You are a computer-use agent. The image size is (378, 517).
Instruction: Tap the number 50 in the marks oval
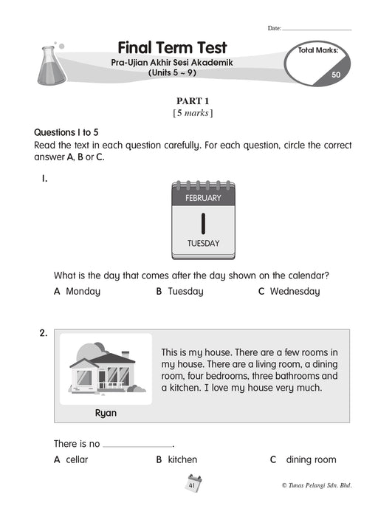336,75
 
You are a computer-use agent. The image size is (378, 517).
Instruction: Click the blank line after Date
317,30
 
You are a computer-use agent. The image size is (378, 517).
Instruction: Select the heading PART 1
193,101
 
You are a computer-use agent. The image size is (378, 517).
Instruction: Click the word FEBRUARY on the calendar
203,198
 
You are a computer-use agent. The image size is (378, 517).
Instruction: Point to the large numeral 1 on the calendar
203,224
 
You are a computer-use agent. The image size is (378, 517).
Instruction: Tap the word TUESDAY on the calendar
203,243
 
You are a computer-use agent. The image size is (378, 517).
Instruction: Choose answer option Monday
77,292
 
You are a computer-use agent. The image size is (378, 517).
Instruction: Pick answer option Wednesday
289,292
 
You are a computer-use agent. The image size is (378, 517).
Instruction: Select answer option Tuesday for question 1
179,292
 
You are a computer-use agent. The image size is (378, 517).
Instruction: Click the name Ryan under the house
106,413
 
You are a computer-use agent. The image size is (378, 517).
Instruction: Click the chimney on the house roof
126,355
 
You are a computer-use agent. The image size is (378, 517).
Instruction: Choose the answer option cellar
71,459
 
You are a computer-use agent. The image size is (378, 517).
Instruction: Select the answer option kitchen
176,459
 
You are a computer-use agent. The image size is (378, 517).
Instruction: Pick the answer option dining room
303,459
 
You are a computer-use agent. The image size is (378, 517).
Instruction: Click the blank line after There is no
138,447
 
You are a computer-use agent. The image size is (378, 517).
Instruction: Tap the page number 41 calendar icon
193,484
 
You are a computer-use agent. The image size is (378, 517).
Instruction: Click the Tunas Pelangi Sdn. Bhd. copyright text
317,485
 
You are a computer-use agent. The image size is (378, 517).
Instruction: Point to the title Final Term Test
172,48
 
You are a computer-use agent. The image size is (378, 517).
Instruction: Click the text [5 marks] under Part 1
193,113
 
